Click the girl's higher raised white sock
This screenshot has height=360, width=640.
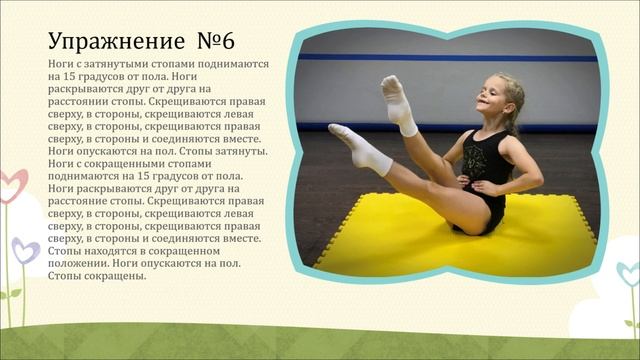[x=398, y=104]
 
